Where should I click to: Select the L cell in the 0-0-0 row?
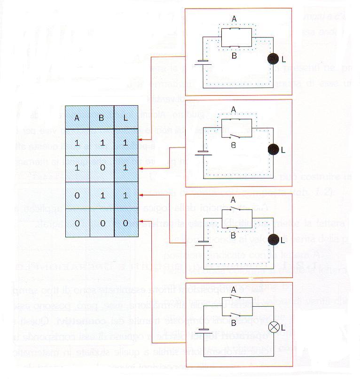[125, 224]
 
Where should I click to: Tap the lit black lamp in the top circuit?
[273, 59]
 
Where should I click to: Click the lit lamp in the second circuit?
[273, 150]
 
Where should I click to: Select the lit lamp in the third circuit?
[273, 240]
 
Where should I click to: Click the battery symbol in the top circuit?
[203, 61]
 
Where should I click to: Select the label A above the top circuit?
[234, 18]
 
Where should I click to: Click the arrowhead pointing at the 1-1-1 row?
[141, 139]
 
